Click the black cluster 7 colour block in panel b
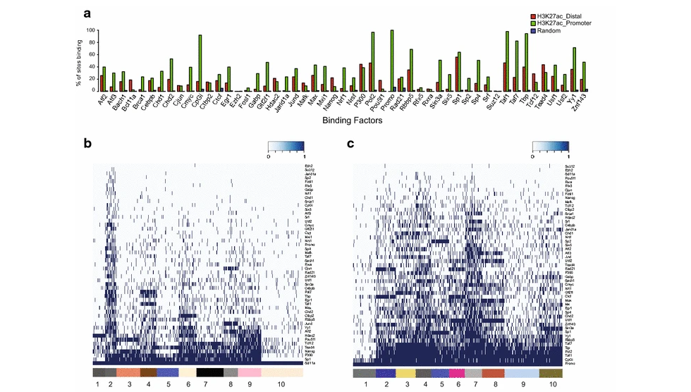[x=209, y=372]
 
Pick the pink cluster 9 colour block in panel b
[x=250, y=372]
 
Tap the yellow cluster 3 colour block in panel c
[x=405, y=372]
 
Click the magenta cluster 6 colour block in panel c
[x=456, y=372]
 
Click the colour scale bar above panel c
[x=550, y=147]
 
